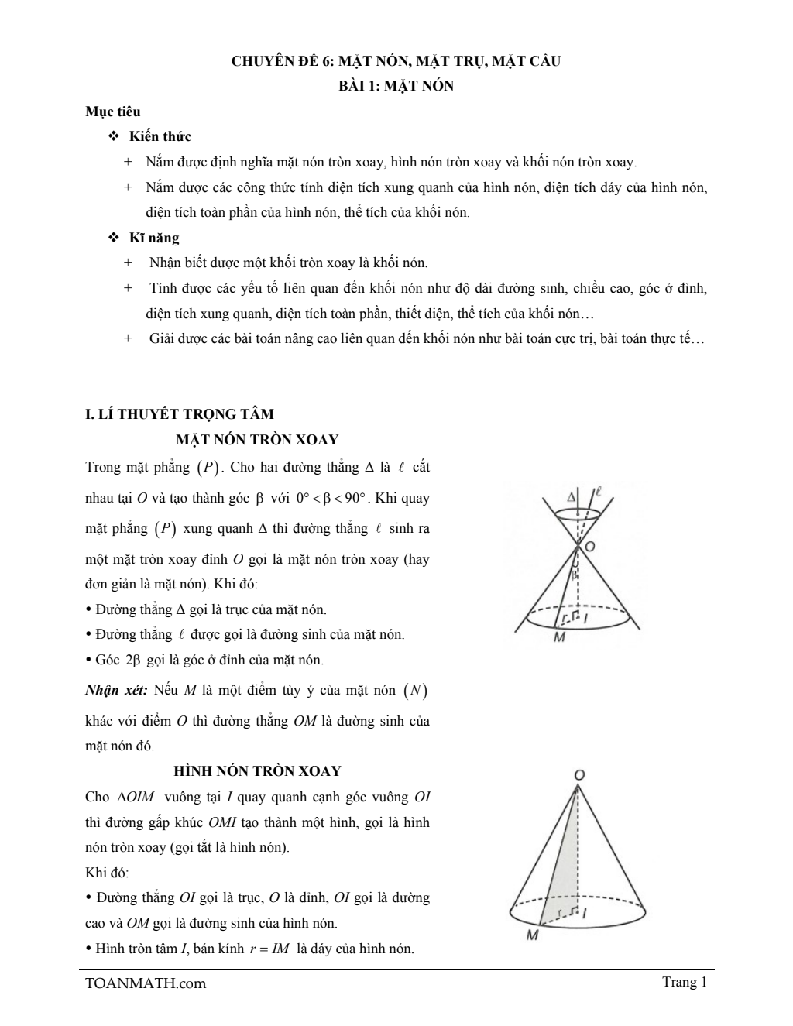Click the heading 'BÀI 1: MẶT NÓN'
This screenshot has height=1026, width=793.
tap(396, 86)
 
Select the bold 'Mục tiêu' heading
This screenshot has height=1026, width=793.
tap(113, 112)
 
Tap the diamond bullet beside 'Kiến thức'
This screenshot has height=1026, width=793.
tap(113, 136)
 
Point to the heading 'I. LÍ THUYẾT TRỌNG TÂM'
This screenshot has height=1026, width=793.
tap(179, 413)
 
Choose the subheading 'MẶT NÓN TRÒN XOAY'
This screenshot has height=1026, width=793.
tap(257, 440)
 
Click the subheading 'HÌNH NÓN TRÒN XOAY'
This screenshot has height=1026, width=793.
tap(257, 771)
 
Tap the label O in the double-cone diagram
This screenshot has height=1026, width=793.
tap(590, 547)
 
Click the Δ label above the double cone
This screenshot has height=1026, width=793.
tap(572, 496)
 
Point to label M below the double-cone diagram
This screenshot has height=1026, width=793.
tap(559, 637)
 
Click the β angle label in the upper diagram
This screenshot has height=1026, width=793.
tap(574, 576)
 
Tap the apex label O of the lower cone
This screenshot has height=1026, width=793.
tap(578, 774)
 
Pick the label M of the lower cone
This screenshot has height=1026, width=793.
tap(532, 935)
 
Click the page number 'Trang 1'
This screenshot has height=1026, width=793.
tap(685, 982)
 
